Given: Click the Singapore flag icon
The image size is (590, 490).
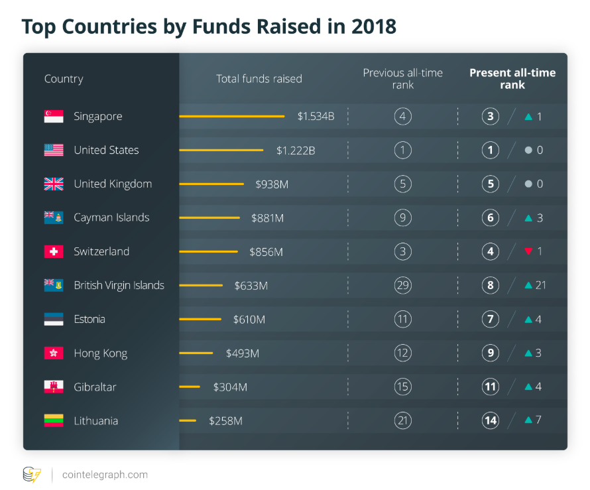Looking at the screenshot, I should pyautogui.click(x=54, y=116).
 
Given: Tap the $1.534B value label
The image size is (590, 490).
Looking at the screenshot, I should pyautogui.click(x=316, y=116).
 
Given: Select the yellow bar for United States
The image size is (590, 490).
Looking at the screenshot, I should pyautogui.click(x=221, y=151).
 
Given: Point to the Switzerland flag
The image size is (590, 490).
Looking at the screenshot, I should pyautogui.click(x=54, y=251).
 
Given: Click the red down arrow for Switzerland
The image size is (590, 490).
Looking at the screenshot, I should pyautogui.click(x=528, y=251).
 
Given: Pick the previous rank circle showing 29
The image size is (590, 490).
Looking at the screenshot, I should pyautogui.click(x=402, y=285).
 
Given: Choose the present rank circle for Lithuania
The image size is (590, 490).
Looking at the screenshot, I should pyautogui.click(x=491, y=420).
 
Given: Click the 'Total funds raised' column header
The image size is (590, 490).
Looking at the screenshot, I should pyautogui.click(x=259, y=79).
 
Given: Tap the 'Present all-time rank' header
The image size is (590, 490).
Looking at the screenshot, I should pyautogui.click(x=512, y=78).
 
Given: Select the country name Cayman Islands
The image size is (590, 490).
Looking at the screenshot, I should pyautogui.click(x=111, y=217).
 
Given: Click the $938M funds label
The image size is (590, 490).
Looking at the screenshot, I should pyautogui.click(x=272, y=184).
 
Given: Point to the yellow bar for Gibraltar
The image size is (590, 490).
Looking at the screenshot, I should pyautogui.click(x=190, y=387).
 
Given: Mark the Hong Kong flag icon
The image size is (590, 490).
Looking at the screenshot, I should pyautogui.click(x=54, y=353).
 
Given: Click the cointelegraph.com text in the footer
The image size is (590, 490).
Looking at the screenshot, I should pyautogui.click(x=105, y=475).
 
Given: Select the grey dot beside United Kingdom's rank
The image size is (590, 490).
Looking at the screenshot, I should pyautogui.click(x=528, y=184).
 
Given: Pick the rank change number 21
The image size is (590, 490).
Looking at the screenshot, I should pyautogui.click(x=540, y=285).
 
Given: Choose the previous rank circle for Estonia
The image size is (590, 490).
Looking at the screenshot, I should pyautogui.click(x=402, y=319).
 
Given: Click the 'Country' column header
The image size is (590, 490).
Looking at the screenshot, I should pyautogui.click(x=64, y=79).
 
